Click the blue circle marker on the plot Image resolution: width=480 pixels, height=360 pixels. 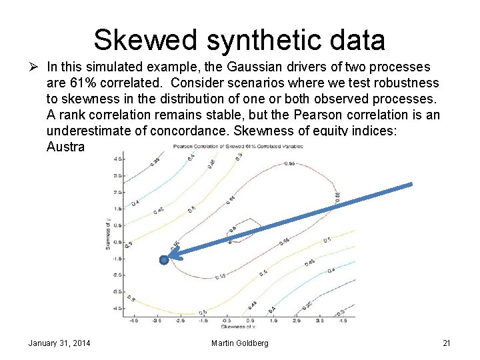click(x=163, y=260)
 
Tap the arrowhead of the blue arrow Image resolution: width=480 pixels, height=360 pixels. click(x=172, y=253)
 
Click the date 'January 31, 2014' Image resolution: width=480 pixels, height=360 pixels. click(x=59, y=343)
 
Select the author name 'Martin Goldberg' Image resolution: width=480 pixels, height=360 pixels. click(x=240, y=343)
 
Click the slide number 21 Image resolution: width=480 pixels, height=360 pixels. click(x=447, y=343)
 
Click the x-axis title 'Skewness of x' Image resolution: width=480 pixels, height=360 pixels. click(x=241, y=326)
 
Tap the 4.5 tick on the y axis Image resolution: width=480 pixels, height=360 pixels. click(x=117, y=159)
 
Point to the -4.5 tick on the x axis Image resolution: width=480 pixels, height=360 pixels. click(x=135, y=320)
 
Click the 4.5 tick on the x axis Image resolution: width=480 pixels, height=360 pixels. click(x=343, y=320)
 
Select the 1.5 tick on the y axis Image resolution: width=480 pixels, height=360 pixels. click(x=117, y=209)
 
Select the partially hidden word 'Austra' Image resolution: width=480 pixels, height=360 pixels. click(x=65, y=146)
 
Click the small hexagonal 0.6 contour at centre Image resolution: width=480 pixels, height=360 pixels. click(x=233, y=233)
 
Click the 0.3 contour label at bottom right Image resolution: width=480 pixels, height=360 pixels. click(x=341, y=312)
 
